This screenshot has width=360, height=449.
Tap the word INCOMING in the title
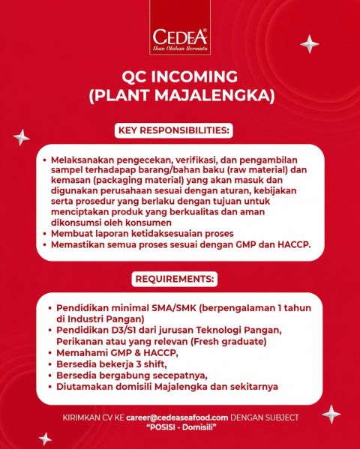(194, 76)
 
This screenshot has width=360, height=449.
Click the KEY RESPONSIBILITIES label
(174, 130)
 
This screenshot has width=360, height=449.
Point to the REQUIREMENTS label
(175, 279)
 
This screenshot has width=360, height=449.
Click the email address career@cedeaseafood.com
(177, 418)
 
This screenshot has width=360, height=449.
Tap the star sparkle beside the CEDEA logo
(310, 44)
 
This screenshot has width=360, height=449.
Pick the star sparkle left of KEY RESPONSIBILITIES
(21, 138)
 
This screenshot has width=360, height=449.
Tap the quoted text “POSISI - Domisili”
(181, 427)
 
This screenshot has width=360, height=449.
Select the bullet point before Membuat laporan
(45, 234)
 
